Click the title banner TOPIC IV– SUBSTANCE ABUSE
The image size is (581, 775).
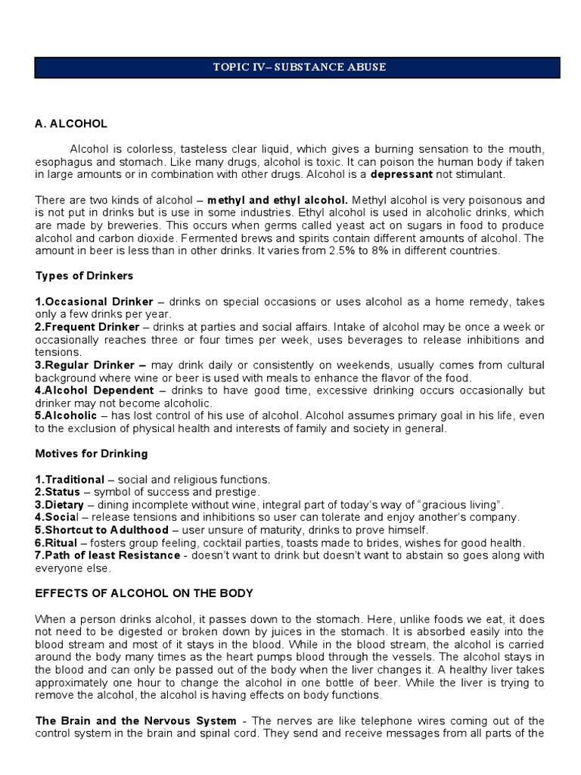point(297,67)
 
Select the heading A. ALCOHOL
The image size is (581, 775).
point(71,123)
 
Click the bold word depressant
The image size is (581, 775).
point(401,174)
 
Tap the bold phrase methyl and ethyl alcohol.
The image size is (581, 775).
point(278,200)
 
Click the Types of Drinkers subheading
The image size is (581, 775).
point(84,275)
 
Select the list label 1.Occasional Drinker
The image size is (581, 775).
point(94,301)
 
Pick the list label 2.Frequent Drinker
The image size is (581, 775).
point(87,327)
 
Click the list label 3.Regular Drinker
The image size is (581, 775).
point(89,365)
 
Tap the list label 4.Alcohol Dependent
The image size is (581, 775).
point(95,391)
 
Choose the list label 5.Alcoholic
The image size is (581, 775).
point(66,416)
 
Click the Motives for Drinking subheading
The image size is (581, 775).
point(92,454)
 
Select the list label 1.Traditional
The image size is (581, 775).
point(70,480)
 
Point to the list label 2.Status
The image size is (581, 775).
point(60,492)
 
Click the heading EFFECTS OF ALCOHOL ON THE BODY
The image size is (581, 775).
point(144,594)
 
